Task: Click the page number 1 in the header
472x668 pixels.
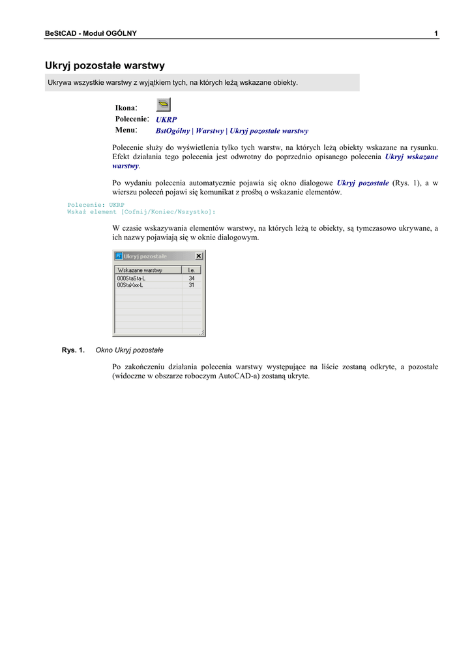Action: (435, 33)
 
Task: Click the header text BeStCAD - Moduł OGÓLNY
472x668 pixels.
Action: (91, 33)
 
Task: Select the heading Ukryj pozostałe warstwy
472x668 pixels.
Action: (104, 66)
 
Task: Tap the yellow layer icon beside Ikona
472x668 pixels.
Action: (164, 104)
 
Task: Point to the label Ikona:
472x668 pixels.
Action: (126, 108)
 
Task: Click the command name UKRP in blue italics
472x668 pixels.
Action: (166, 119)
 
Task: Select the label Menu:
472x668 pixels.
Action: (126, 130)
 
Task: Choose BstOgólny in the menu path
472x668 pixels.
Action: (173, 131)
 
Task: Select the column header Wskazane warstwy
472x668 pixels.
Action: (140, 269)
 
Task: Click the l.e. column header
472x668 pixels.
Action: (192, 269)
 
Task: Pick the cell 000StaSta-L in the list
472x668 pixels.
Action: (131, 278)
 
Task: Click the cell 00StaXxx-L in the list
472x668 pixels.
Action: (130, 285)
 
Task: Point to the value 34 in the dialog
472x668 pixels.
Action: (192, 278)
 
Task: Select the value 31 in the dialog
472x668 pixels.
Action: (192, 285)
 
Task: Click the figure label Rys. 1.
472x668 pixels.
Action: (73, 350)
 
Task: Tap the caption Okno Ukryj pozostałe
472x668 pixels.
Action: (129, 350)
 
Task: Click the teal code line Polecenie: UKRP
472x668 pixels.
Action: (96, 205)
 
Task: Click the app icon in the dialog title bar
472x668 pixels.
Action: (119, 256)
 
